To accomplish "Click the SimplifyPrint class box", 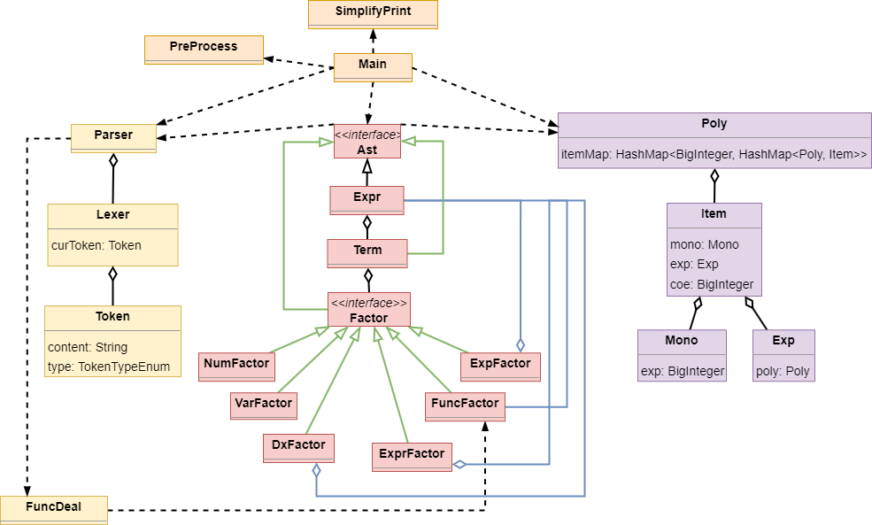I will click(x=373, y=14).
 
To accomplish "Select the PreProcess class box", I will click(x=204, y=49).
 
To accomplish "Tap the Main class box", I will click(x=373, y=66).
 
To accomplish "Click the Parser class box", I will click(x=113, y=137).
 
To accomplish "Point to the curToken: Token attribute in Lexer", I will click(x=96, y=245).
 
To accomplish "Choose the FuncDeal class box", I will click(x=53, y=509).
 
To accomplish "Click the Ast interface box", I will click(x=367, y=142).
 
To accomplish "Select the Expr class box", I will click(x=367, y=199).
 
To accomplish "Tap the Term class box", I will click(x=367, y=252).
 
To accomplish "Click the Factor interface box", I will click(x=369, y=311).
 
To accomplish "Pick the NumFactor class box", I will click(x=236, y=366).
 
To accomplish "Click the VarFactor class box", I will click(x=263, y=405).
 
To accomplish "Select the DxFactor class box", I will click(x=298, y=447).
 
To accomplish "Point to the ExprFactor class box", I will click(x=412, y=456).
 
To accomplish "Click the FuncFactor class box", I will click(x=465, y=405).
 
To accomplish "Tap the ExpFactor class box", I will click(x=500, y=366).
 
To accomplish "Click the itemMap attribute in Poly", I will click(x=714, y=154).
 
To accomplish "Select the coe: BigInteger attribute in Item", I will click(x=713, y=284).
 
